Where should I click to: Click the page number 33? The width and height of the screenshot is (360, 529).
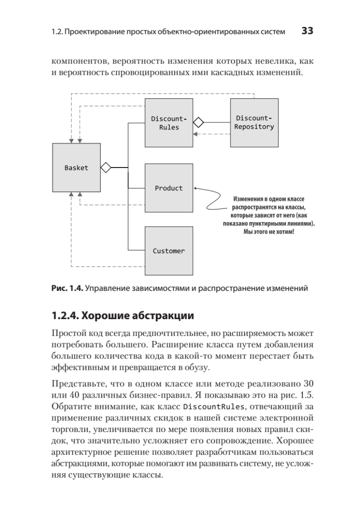(x=307, y=31)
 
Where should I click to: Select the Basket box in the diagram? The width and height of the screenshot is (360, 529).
(x=76, y=168)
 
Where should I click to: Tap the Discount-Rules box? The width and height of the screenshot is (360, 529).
(x=169, y=123)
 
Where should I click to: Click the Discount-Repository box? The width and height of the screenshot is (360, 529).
(x=254, y=123)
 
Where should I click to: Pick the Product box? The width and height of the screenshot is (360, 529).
(x=169, y=188)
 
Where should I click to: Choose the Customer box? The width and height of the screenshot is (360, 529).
(x=169, y=251)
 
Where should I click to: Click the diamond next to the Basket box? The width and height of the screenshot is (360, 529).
(x=106, y=168)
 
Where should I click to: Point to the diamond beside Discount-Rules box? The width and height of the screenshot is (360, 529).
(x=198, y=122)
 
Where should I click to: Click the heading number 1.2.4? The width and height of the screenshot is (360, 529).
(x=65, y=316)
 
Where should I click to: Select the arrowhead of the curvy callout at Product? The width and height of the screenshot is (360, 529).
(x=195, y=188)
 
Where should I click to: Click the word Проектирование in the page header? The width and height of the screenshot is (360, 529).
(x=91, y=32)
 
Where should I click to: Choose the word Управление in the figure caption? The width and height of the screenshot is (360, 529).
(x=108, y=290)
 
